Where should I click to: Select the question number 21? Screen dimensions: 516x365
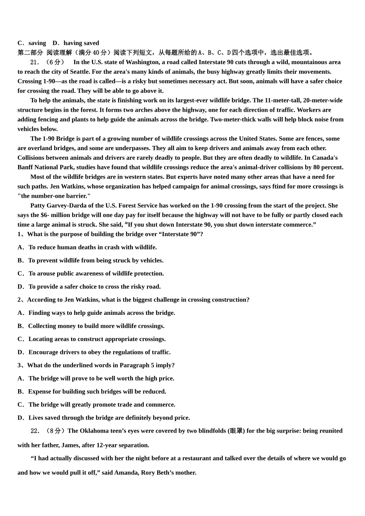[35, 62]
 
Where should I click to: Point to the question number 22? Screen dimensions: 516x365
[35, 431]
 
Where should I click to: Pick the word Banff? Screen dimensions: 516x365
[25, 167]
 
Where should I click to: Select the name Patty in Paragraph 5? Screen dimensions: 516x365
[38, 205]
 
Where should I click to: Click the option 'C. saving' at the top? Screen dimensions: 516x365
[32, 43]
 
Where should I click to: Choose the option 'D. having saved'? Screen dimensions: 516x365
[76, 43]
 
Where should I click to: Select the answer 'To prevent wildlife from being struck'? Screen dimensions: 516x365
[96, 260]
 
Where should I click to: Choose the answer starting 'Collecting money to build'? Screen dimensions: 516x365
[96, 326]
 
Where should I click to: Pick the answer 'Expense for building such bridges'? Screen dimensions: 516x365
[97, 392]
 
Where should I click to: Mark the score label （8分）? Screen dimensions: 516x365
[56, 431]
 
